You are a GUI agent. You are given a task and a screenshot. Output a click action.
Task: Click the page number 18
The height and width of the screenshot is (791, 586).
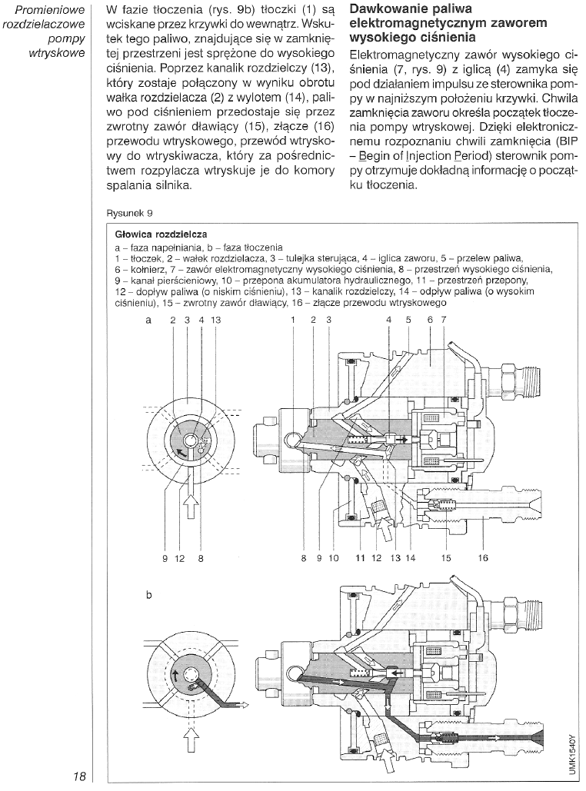(79, 776)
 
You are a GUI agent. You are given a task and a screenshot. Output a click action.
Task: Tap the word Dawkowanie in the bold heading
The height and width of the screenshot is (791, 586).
(385, 10)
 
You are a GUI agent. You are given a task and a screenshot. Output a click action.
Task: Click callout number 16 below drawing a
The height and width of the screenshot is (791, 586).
(483, 559)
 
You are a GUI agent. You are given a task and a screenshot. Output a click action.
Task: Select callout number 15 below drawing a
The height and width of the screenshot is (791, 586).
(446, 559)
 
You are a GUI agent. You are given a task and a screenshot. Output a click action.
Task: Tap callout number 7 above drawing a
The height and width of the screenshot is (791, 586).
(444, 319)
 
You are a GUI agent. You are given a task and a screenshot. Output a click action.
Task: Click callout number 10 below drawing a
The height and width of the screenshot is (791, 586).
(333, 559)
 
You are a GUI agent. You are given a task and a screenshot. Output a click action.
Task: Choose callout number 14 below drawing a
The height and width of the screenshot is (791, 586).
(410, 559)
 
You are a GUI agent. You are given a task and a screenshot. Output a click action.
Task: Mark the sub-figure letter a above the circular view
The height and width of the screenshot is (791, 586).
(148, 319)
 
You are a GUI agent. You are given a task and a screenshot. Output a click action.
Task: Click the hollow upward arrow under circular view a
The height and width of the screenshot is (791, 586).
(190, 508)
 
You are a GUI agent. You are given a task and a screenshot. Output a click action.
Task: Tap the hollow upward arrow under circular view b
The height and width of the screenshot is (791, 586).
(190, 741)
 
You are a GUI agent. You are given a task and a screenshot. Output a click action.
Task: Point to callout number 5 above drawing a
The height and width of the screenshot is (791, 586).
(408, 319)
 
